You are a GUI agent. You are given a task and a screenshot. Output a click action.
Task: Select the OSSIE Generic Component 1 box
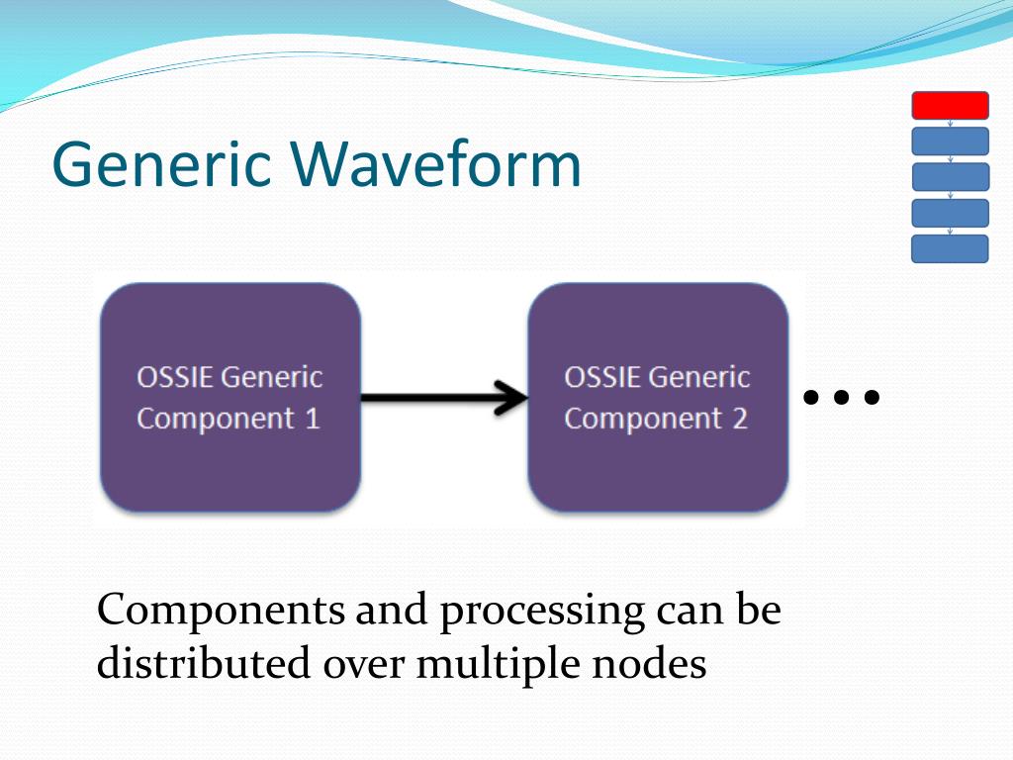[230, 397]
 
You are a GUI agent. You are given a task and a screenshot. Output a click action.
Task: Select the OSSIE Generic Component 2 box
[658, 397]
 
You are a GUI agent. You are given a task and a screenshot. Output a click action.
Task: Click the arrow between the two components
[444, 397]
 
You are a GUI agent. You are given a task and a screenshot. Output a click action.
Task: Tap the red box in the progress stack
[950, 105]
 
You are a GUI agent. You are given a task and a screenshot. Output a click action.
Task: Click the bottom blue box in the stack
[950, 248]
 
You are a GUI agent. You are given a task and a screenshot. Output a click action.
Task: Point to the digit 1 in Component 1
[313, 419]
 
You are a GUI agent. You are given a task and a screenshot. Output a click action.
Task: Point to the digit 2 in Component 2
[740, 419]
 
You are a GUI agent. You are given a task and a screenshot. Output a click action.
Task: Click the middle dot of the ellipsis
[841, 396]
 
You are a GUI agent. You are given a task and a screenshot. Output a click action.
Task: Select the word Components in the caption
[221, 610]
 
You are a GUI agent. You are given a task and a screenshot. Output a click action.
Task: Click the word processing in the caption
[542, 612]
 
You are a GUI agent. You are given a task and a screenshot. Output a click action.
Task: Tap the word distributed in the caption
[204, 663]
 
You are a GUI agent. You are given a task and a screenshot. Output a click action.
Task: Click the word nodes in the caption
[649, 664]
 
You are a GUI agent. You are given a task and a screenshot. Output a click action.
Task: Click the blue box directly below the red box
[950, 141]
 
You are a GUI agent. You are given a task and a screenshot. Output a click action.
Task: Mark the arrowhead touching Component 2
[511, 397]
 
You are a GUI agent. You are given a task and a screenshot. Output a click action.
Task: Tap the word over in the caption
[363, 667]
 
